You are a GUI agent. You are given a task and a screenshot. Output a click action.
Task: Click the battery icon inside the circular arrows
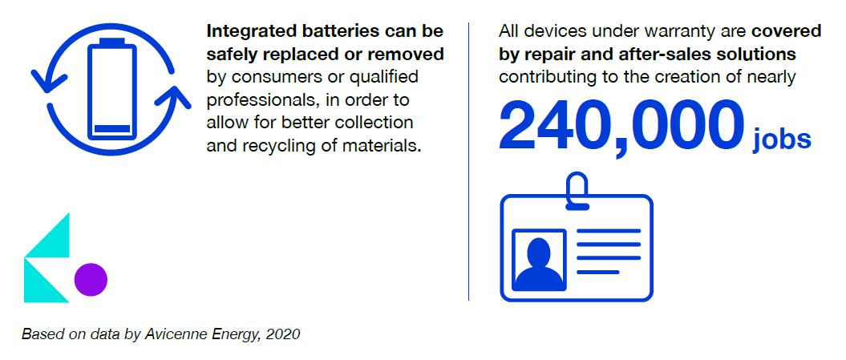111,90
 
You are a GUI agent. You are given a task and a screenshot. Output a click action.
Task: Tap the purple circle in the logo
91,280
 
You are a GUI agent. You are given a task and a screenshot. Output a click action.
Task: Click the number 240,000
617,127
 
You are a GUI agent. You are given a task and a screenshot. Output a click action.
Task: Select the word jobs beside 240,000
782,138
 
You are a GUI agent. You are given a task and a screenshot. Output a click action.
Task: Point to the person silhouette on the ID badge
538,264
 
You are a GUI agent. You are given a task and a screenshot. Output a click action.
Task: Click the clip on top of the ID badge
577,189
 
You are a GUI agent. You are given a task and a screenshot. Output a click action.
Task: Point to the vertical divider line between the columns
469,161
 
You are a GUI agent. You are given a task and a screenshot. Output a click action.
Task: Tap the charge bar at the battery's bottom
111,129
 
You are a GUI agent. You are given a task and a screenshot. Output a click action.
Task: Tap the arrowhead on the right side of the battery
172,96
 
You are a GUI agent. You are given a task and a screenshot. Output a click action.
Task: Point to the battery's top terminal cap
111,42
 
